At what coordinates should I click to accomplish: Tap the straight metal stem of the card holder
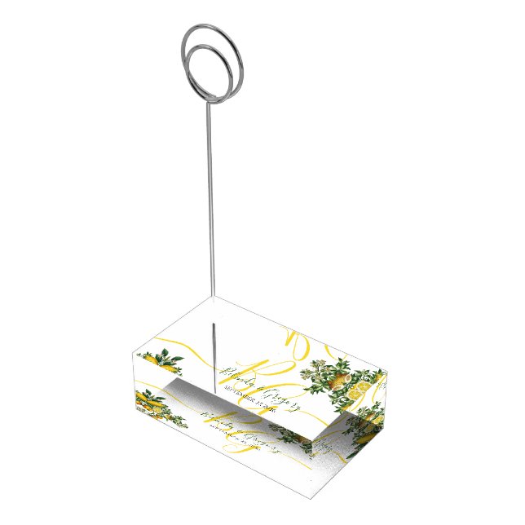tap(210, 204)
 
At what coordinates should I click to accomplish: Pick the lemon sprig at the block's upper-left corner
tap(159, 357)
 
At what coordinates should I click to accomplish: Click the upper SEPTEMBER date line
tap(244, 395)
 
